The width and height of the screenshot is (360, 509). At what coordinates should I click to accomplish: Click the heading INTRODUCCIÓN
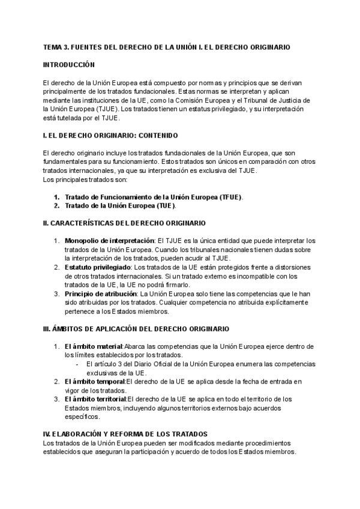(x=69, y=64)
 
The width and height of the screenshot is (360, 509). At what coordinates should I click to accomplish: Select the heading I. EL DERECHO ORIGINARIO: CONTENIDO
(x=110, y=136)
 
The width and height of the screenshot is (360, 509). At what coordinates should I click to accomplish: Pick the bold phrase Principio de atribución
(x=100, y=294)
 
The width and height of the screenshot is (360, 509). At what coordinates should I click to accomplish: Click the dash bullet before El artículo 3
(x=77, y=364)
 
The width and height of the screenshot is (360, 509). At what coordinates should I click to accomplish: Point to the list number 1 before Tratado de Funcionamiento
(x=56, y=197)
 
